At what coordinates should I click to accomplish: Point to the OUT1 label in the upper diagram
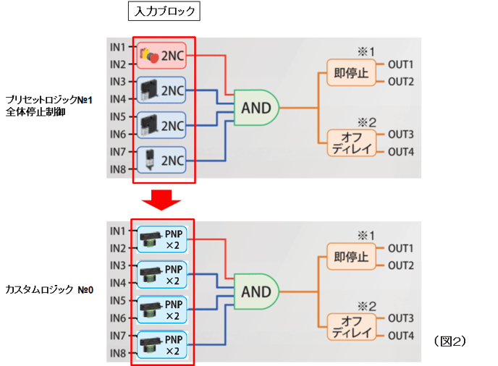(400, 65)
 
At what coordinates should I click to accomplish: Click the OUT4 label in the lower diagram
(400, 336)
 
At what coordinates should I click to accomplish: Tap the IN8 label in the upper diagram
(118, 169)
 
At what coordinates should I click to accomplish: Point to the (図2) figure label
(450, 339)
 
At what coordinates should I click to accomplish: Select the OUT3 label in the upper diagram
(400, 135)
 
